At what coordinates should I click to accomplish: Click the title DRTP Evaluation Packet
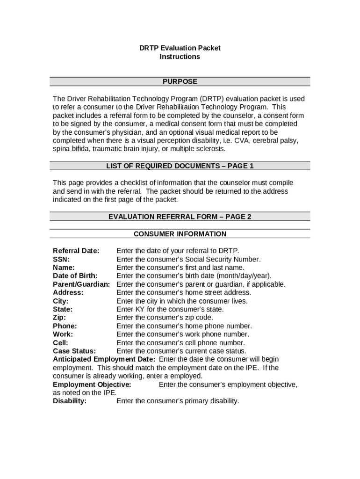click(180, 48)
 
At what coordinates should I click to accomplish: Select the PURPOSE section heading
click(180, 82)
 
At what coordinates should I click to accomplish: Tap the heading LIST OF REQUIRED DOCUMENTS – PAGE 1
click(180, 166)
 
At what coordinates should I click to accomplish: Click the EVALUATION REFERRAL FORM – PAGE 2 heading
click(180, 217)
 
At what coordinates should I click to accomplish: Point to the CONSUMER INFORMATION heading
click(180, 234)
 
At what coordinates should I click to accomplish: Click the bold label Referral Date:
click(76, 251)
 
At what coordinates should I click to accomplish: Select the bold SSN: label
click(61, 259)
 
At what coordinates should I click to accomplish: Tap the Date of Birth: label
click(75, 276)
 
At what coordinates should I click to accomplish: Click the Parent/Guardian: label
click(81, 284)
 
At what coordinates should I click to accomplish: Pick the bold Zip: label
click(59, 318)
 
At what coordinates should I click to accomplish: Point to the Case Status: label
click(74, 351)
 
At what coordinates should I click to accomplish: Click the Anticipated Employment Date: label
click(104, 359)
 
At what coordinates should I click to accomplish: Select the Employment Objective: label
click(92, 385)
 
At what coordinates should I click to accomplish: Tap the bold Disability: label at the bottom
click(70, 401)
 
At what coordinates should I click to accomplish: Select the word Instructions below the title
click(180, 57)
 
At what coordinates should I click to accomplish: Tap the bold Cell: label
click(61, 343)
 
